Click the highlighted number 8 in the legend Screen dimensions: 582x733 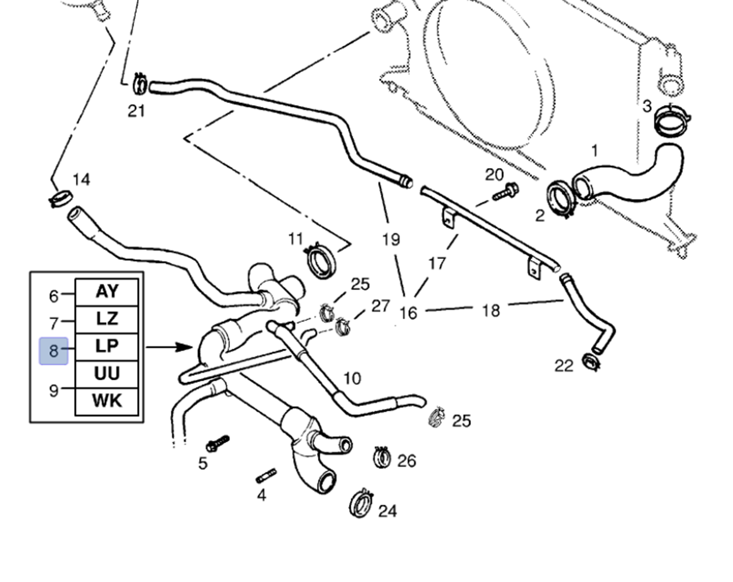pyautogui.click(x=53, y=350)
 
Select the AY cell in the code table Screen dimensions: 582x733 pyautogui.click(x=107, y=292)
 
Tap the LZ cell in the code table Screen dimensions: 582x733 pyautogui.click(x=107, y=319)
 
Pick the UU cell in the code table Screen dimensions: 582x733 pyautogui.click(x=107, y=374)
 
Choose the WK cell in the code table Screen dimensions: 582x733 pyautogui.click(x=107, y=401)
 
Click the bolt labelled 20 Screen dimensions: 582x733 pyautogui.click(x=506, y=192)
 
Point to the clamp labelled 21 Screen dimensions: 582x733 pyautogui.click(x=140, y=84)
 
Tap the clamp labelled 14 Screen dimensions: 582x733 pyautogui.click(x=61, y=198)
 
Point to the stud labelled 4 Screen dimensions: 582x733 pyautogui.click(x=266, y=475)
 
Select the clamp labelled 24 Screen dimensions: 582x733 pyautogui.click(x=362, y=503)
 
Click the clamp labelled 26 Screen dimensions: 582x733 pyautogui.click(x=382, y=457)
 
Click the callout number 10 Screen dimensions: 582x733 pyautogui.click(x=352, y=378)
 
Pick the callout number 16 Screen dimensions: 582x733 pyautogui.click(x=408, y=313)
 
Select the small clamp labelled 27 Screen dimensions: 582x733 pyautogui.click(x=343, y=326)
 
